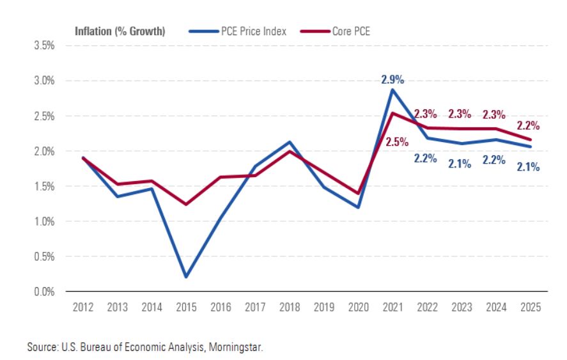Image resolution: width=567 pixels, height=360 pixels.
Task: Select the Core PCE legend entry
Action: (x=350, y=31)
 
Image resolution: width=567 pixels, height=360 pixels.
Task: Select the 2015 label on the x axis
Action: (x=185, y=308)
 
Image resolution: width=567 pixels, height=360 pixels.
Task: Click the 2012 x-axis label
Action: (x=83, y=308)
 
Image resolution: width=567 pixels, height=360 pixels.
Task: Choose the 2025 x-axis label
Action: (x=529, y=308)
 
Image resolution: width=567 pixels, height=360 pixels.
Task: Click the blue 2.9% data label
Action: (x=392, y=79)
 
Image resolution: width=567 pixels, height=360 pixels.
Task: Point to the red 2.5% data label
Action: (x=398, y=142)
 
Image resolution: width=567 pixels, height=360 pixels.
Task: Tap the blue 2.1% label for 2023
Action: (x=459, y=163)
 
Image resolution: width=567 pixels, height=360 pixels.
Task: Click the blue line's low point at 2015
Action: (x=186, y=277)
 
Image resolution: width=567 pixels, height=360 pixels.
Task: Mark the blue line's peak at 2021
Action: (x=392, y=90)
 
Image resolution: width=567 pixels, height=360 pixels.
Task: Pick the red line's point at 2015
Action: (x=186, y=205)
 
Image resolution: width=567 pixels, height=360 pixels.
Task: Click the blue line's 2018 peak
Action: (x=289, y=142)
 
